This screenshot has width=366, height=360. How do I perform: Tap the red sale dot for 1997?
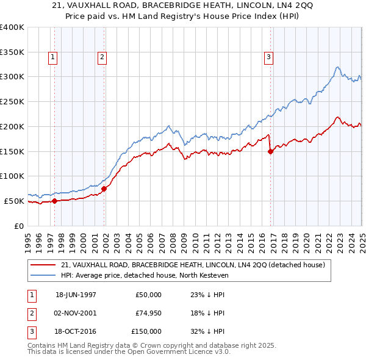pos(54,200)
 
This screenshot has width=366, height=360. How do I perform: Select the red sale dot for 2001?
pos(104,189)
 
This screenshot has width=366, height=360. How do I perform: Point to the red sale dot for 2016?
pos(270,152)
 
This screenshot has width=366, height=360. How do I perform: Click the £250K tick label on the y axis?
pos(12,101)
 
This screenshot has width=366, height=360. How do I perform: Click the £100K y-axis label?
pos(12,176)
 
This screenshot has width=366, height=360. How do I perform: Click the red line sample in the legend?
pos(43,265)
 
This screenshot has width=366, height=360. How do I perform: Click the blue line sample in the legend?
pos(43,275)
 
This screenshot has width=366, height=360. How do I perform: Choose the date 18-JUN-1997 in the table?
pos(76,295)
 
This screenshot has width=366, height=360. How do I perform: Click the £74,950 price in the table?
pos(149,313)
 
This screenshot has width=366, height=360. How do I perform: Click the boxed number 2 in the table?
pos(30,313)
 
